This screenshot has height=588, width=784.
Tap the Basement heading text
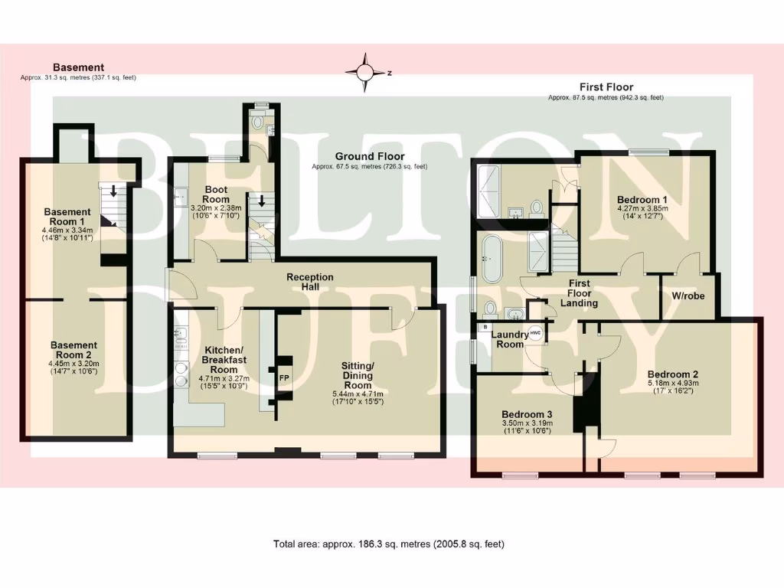[78, 67]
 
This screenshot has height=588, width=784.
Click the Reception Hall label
[309, 282]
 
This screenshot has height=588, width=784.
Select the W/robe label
[688, 296]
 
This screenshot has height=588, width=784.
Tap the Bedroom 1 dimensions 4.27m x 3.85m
[642, 211]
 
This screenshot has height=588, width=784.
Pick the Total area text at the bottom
[389, 544]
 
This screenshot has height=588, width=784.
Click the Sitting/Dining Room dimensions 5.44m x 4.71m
[357, 394]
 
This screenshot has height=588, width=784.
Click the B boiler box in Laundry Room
[485, 327]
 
